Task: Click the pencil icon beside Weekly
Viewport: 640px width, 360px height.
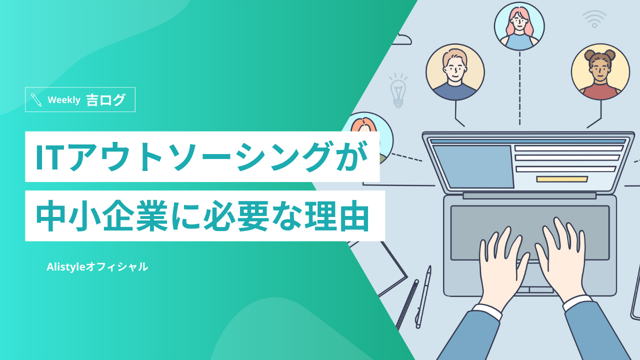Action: point(36,99)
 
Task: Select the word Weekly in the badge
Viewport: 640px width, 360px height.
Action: point(64,99)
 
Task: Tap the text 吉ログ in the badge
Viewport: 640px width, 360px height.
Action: point(105,99)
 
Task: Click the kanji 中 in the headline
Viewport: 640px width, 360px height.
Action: point(50,215)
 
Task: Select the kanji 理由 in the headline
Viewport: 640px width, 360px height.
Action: point(337,215)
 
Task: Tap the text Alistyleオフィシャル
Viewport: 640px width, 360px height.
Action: point(97,267)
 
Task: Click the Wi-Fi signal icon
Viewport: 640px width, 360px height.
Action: point(594,19)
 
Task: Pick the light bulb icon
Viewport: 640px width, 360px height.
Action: point(398,90)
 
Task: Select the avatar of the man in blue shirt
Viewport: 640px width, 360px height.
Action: point(455,72)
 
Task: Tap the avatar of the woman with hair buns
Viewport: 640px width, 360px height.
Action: point(600,72)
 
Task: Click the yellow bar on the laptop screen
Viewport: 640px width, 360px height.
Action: point(562,179)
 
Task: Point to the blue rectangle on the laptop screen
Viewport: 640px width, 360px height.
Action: point(473,166)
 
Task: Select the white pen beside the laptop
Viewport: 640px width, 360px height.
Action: point(423,297)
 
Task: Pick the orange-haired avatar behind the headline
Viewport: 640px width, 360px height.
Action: point(368,137)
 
